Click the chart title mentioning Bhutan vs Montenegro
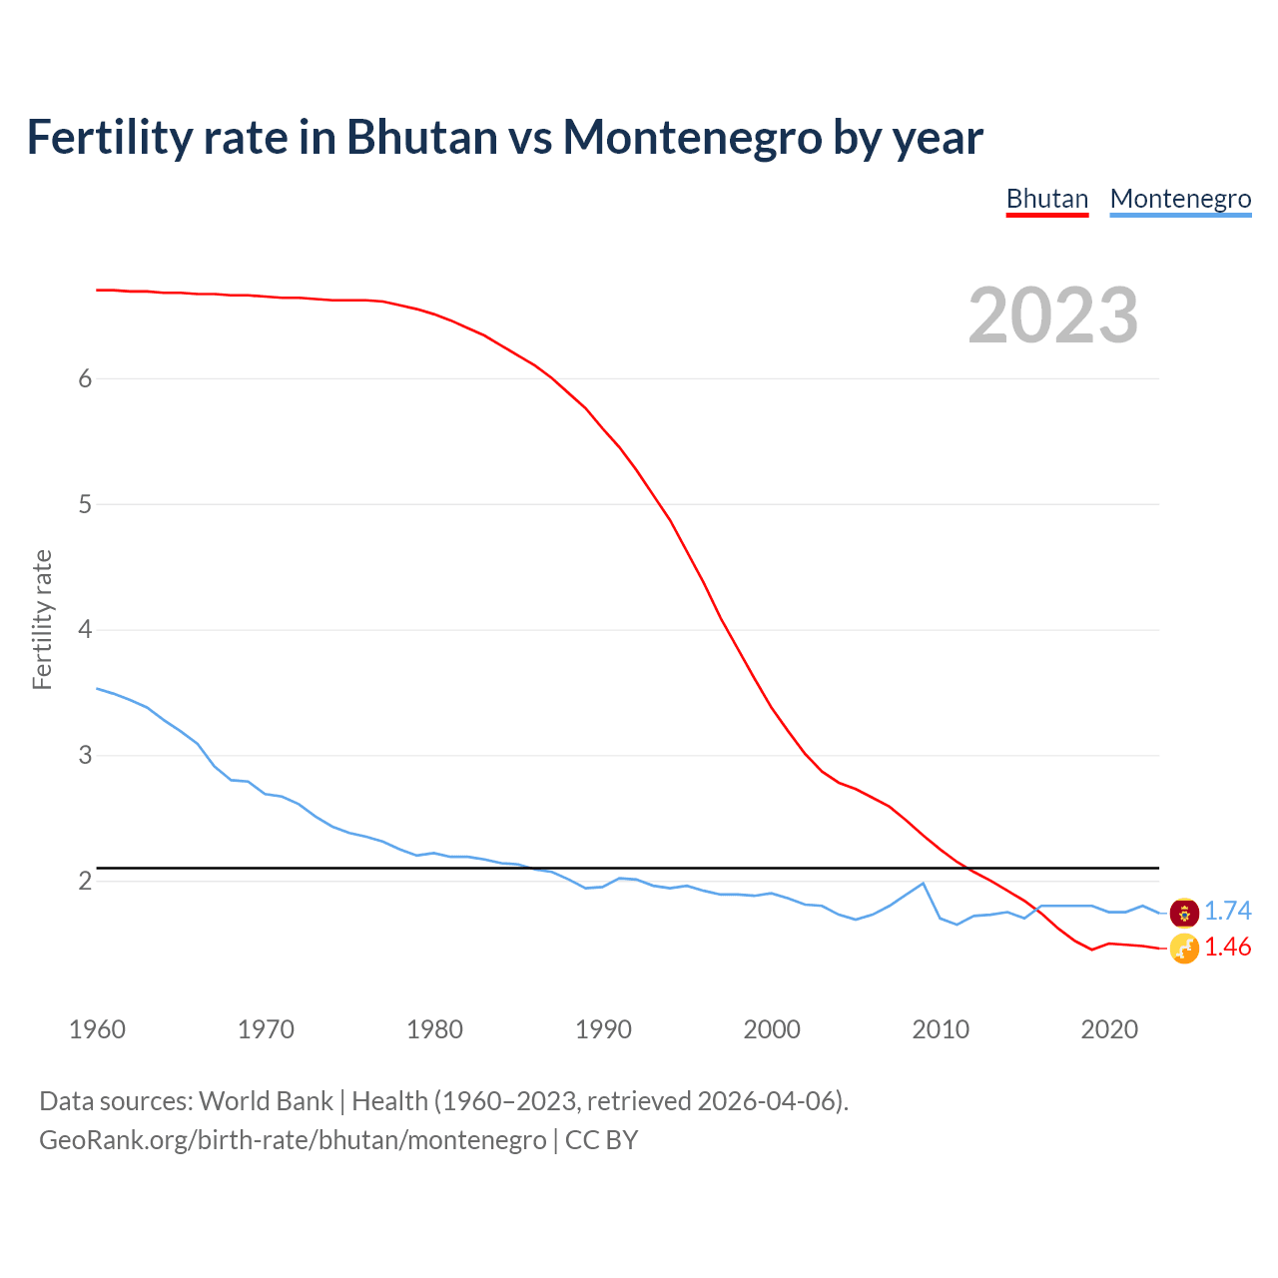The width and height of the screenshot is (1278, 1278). click(504, 137)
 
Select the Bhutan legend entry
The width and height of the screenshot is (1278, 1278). click(1046, 199)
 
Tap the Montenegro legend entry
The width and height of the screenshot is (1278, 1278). click(1180, 199)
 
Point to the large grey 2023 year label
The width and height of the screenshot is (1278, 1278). click(1052, 316)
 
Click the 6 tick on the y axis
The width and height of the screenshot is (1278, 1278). click(85, 378)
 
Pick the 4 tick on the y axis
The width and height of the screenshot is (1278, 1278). click(85, 630)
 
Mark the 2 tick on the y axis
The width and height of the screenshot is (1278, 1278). click(85, 881)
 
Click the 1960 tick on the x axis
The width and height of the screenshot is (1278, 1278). click(97, 1029)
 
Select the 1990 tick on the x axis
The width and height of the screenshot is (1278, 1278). click(603, 1029)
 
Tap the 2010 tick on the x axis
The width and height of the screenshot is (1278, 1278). click(941, 1029)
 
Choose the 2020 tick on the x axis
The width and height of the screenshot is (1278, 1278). click(1109, 1029)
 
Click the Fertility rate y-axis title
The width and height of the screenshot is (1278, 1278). click(42, 619)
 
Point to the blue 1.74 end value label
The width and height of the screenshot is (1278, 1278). click(1227, 911)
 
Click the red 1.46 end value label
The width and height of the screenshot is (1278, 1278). click(1227, 947)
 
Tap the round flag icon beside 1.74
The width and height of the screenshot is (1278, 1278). click(1184, 912)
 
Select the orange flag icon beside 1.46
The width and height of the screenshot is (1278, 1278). click(1184, 949)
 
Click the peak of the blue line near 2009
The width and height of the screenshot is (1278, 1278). click(923, 883)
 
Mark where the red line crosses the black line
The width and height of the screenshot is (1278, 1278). click(966, 868)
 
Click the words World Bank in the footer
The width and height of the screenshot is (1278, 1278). click(266, 1100)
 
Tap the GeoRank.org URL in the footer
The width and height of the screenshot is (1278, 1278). click(293, 1139)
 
